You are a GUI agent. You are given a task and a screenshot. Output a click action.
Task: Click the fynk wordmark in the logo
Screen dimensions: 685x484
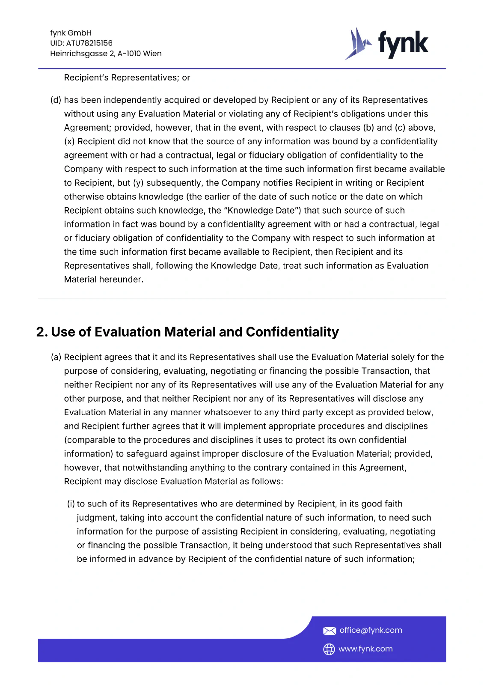[x=403, y=44]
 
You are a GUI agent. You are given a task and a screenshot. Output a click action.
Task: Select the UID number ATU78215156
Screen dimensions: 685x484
[x=89, y=43]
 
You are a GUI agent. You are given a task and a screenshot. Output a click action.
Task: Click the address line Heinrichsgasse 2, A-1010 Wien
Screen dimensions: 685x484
[x=106, y=54]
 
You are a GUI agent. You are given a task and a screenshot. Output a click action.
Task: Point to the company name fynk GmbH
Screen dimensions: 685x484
[x=71, y=33]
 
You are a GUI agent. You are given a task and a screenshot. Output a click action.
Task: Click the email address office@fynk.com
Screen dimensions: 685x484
[x=371, y=630]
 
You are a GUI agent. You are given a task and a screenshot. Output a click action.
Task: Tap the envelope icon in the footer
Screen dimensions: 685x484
[x=329, y=631]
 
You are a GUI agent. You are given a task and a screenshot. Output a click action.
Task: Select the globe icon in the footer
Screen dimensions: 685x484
[x=329, y=649]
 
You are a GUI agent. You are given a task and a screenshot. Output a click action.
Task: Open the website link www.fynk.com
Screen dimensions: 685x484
[x=365, y=649]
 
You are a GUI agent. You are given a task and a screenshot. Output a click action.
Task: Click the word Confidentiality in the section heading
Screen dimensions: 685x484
[x=292, y=332]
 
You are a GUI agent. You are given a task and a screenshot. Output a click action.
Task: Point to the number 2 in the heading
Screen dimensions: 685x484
[x=41, y=332]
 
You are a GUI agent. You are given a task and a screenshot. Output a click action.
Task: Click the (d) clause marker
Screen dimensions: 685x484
[x=56, y=100]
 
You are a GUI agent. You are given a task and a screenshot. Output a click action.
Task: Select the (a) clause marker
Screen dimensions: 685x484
[x=56, y=357]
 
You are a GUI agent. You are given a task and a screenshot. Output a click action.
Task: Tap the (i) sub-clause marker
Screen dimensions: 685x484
[x=71, y=504]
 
